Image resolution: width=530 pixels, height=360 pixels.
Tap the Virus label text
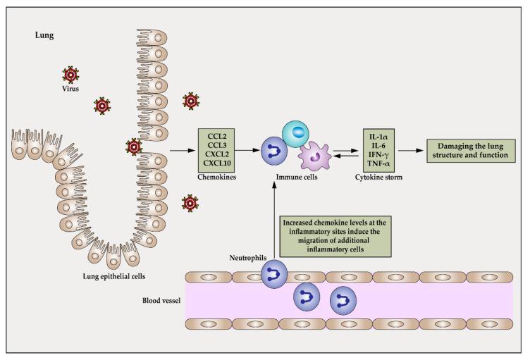[70, 89]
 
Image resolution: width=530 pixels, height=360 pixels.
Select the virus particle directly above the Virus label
[70, 74]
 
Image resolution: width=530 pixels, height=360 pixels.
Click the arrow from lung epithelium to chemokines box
[182, 149]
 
